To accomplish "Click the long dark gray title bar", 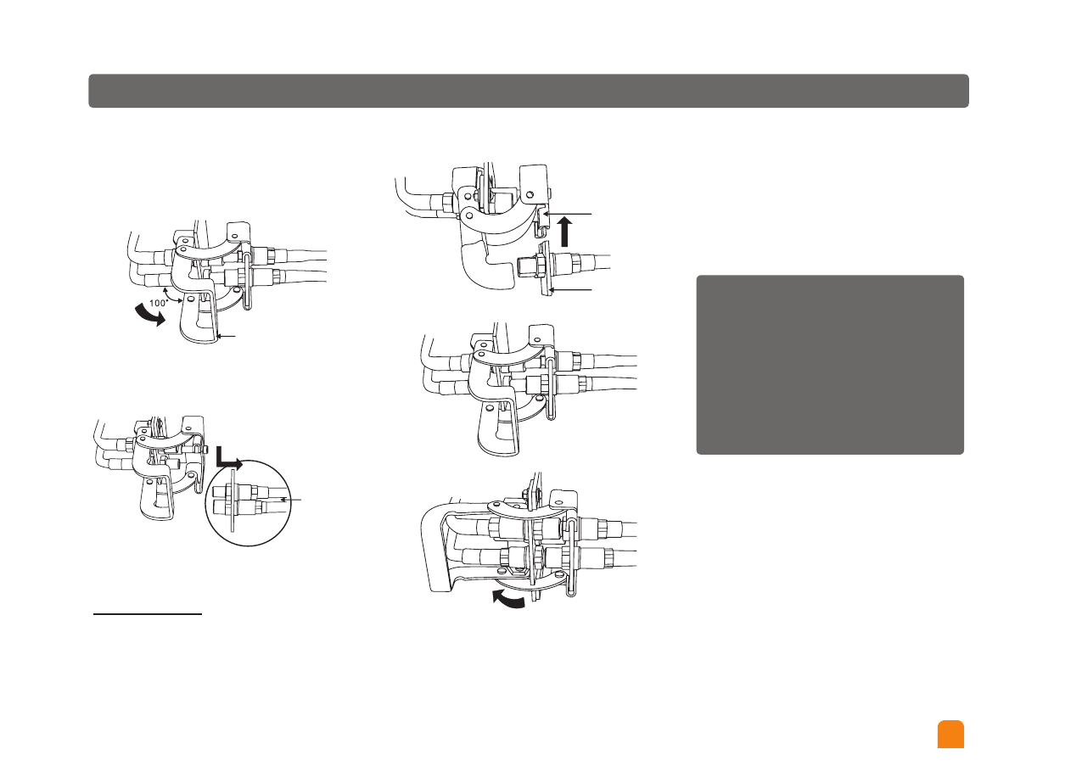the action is click(x=528, y=91).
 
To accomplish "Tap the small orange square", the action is click(x=950, y=735).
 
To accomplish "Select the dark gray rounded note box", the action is click(x=829, y=364).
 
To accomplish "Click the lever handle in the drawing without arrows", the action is click(x=501, y=428).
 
